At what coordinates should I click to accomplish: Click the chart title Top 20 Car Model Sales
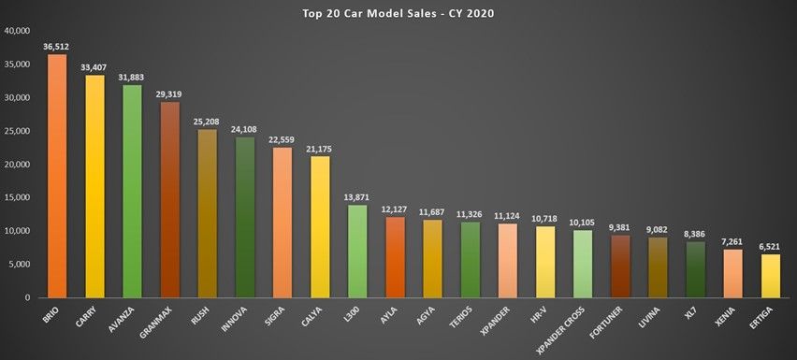[x=398, y=13]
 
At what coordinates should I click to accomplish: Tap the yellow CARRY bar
[x=94, y=186]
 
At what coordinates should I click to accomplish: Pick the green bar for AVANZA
[x=132, y=191]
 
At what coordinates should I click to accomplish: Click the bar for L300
[x=357, y=251]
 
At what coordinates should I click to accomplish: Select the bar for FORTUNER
[x=619, y=266]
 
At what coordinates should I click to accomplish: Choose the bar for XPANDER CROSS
[x=582, y=263]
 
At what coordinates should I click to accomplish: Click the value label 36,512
[x=57, y=46]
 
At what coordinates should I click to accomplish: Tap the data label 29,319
[x=169, y=94]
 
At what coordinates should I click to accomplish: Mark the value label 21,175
[x=320, y=148]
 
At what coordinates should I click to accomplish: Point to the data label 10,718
[x=544, y=218]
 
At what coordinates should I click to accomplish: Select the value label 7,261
[x=732, y=241]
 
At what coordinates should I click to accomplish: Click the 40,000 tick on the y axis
[x=18, y=31]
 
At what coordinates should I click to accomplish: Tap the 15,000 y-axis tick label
[x=18, y=197]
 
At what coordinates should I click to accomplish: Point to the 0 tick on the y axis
[x=28, y=297]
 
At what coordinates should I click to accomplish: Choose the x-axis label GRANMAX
[x=161, y=322]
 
